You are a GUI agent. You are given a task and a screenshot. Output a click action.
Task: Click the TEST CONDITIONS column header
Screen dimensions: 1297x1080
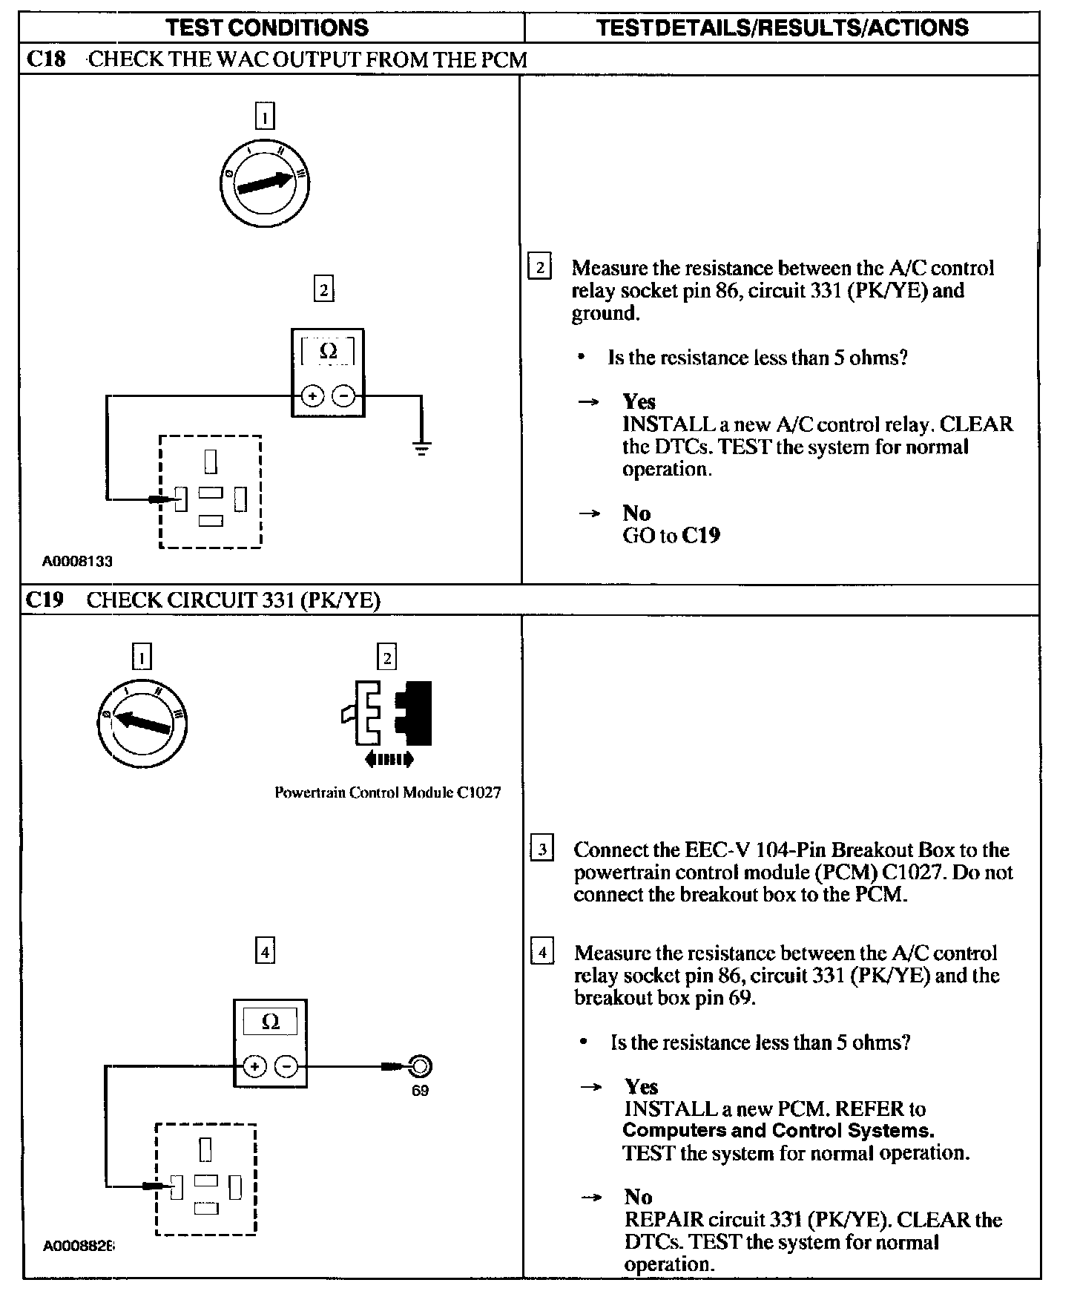coord(267,27)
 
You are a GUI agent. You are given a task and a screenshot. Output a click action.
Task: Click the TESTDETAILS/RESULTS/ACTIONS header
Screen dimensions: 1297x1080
coord(782,27)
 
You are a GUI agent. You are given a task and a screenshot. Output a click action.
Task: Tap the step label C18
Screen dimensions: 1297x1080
coord(46,59)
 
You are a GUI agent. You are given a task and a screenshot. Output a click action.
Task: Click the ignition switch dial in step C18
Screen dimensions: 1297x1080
coord(265,182)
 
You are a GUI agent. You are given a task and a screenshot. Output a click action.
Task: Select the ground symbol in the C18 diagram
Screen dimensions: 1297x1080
coord(421,447)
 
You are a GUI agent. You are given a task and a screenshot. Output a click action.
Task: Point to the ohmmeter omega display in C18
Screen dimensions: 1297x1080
coord(327,351)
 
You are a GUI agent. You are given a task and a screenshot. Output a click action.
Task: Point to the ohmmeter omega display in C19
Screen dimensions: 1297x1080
coord(271,1022)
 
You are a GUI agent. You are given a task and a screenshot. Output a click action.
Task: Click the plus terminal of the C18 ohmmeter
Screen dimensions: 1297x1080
coord(312,396)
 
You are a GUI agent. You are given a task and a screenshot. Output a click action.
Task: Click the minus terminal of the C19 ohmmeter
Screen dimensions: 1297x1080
coord(286,1067)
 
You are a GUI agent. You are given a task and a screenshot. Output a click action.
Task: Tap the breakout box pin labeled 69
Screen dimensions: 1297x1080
coord(420,1067)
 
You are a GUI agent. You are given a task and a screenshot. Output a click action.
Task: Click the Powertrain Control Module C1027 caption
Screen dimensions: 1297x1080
coord(387,792)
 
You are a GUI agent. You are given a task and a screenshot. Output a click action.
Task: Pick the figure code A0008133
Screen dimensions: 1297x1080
coord(77,562)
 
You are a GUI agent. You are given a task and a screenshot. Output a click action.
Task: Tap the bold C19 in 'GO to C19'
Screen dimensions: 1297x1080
coord(701,536)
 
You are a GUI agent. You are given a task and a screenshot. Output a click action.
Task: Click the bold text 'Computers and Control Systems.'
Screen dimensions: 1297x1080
coord(778,1131)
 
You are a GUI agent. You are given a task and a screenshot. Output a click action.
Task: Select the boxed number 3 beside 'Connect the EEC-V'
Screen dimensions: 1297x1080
coord(542,849)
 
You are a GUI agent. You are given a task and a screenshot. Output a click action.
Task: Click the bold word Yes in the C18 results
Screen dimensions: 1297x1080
coord(639,402)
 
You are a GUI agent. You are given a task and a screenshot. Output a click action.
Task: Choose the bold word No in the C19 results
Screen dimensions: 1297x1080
coord(638,1197)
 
